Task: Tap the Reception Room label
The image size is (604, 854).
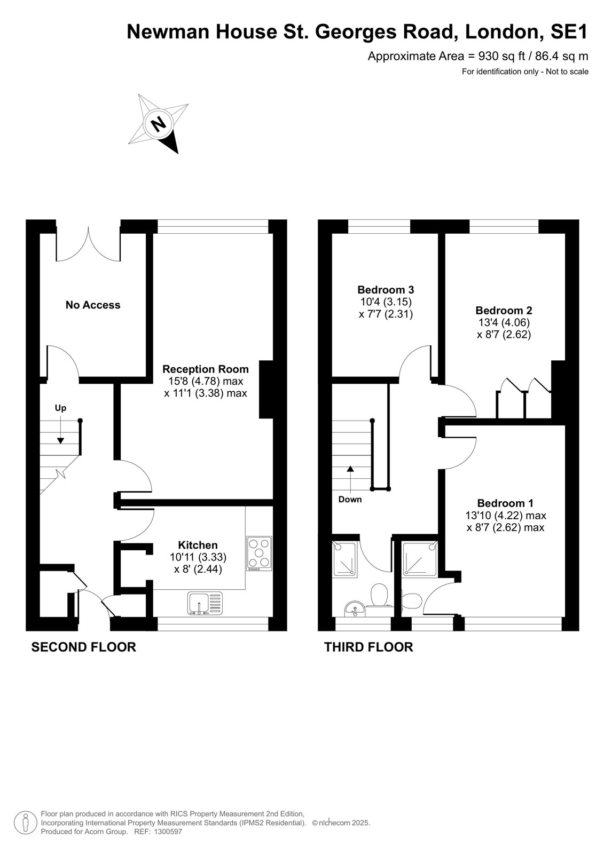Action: tap(205, 369)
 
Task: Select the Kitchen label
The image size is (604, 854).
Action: tap(198, 545)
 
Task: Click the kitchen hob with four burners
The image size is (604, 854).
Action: tap(260, 553)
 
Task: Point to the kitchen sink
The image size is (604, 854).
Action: tap(205, 603)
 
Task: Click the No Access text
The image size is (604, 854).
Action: tap(93, 305)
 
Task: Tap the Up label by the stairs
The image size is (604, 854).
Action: tap(61, 408)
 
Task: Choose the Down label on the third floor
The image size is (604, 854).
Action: tap(350, 500)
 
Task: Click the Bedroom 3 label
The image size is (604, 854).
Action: tap(386, 290)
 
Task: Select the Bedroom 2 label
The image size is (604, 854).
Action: tap(504, 310)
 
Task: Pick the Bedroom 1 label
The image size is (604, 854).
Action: tap(505, 503)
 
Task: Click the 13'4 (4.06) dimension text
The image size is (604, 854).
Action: tap(504, 322)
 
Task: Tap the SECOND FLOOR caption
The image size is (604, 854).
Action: tap(83, 647)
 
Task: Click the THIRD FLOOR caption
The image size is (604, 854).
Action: tap(368, 647)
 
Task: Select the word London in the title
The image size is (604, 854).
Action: tap(504, 32)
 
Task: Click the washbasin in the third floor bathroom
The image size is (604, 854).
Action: tap(355, 608)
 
